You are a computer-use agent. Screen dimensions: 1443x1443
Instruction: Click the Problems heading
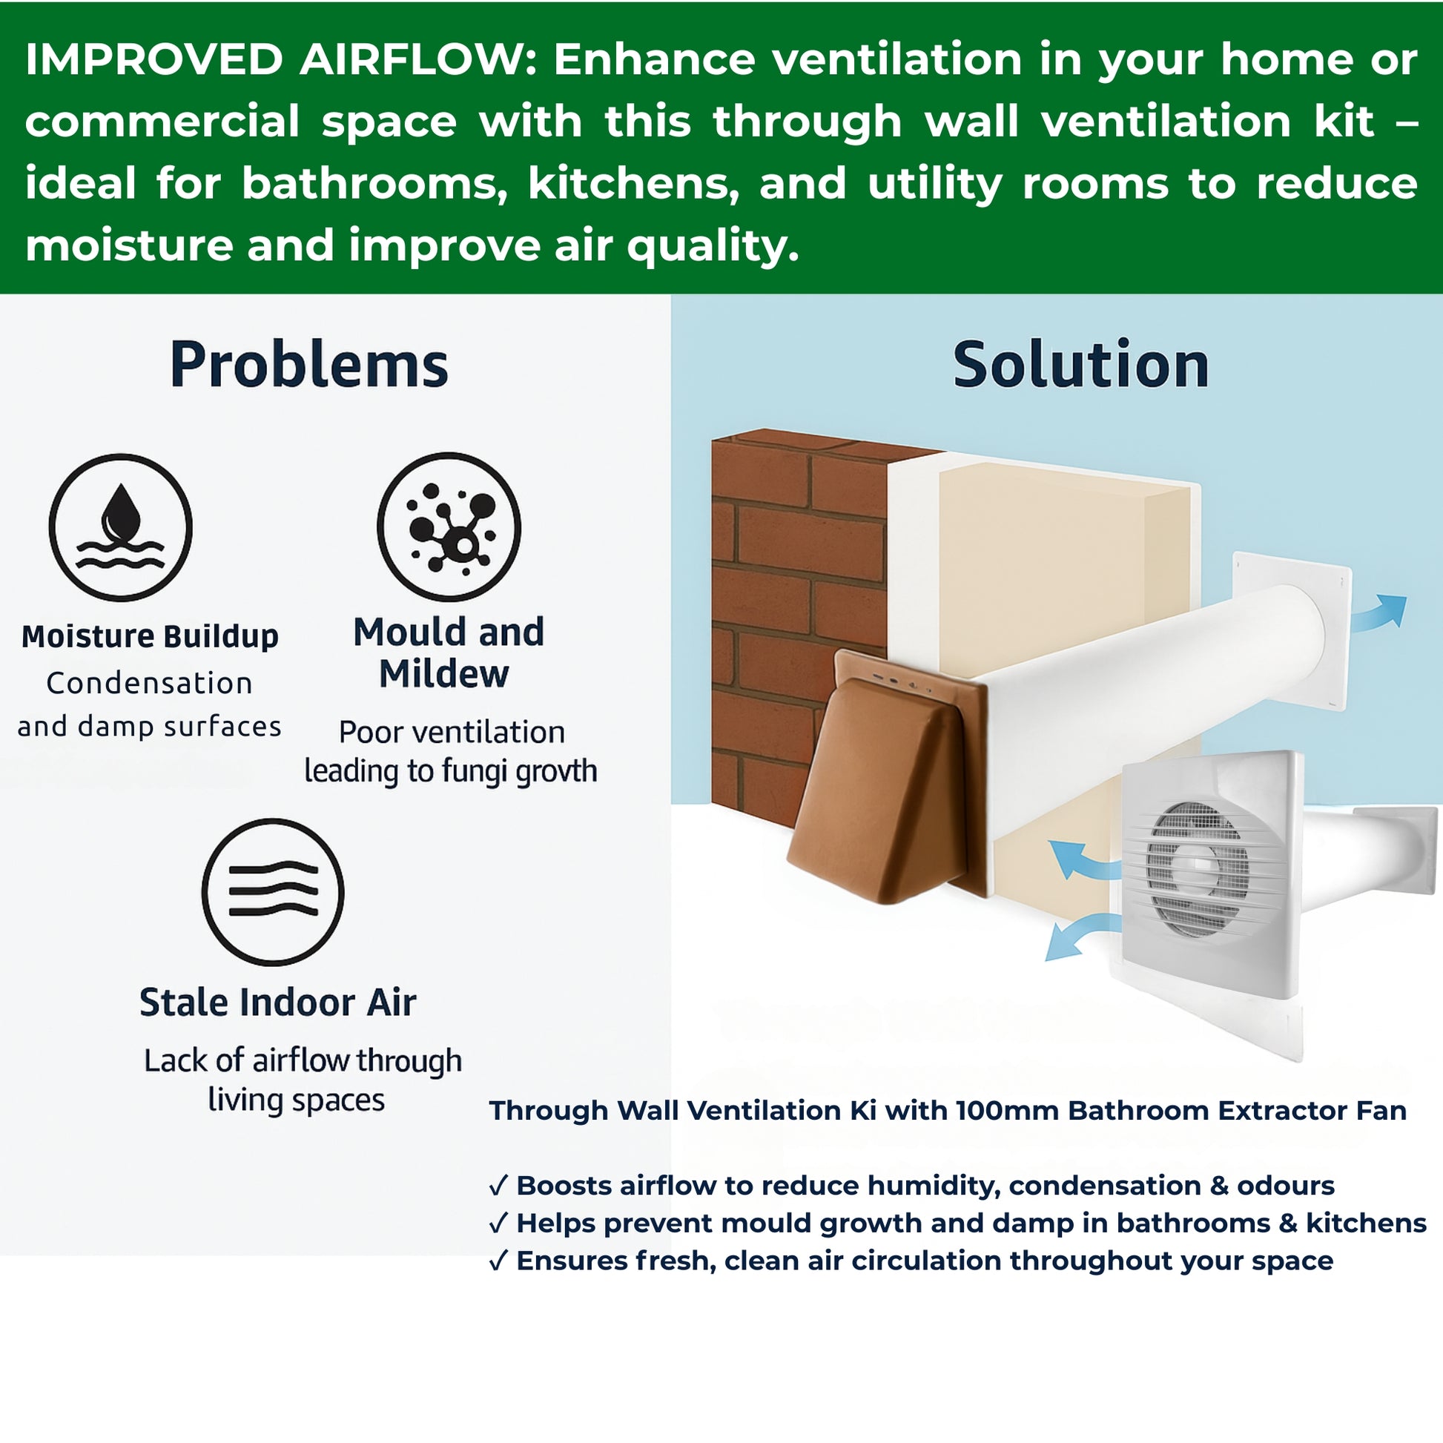point(309,366)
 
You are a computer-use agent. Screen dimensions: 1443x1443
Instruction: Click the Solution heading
point(1080,366)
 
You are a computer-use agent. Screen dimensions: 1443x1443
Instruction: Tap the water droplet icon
point(121,527)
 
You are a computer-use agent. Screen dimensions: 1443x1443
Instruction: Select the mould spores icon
point(449,526)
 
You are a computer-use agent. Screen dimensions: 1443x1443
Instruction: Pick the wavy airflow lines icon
point(274,892)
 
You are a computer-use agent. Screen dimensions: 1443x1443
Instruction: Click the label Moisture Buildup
point(150,636)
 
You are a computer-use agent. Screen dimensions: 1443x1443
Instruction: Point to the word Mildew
point(443,674)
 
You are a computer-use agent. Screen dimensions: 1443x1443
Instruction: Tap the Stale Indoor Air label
point(278,1003)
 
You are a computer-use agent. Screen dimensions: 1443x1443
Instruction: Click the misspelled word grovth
point(556,770)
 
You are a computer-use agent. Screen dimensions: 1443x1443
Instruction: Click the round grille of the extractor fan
point(1198,869)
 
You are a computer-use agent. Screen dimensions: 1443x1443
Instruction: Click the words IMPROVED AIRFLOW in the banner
point(275,60)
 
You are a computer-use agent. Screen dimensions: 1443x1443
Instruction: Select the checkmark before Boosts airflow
point(499,1185)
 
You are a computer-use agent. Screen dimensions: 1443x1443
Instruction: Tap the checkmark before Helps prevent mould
point(499,1223)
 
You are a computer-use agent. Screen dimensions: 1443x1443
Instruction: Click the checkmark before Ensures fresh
point(499,1260)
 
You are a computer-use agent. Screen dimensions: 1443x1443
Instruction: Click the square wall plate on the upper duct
point(1292,632)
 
